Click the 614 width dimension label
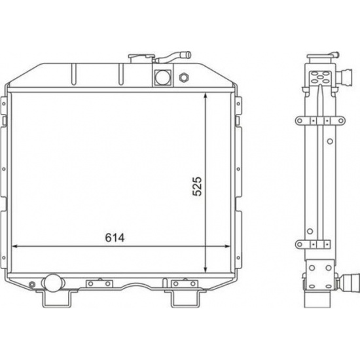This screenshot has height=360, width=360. tap(115, 238)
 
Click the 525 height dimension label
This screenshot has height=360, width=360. tap(197, 186)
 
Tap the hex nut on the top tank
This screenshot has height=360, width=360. tap(184, 78)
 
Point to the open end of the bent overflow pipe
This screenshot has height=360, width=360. tap(188, 55)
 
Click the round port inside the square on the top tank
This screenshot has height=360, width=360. tap(163, 77)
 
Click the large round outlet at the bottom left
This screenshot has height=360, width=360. tap(52, 283)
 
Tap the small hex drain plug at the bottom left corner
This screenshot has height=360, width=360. tap(32, 285)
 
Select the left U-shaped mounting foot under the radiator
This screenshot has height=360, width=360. tap(56, 299)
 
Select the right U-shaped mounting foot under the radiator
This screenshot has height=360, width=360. tap(185, 299)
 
